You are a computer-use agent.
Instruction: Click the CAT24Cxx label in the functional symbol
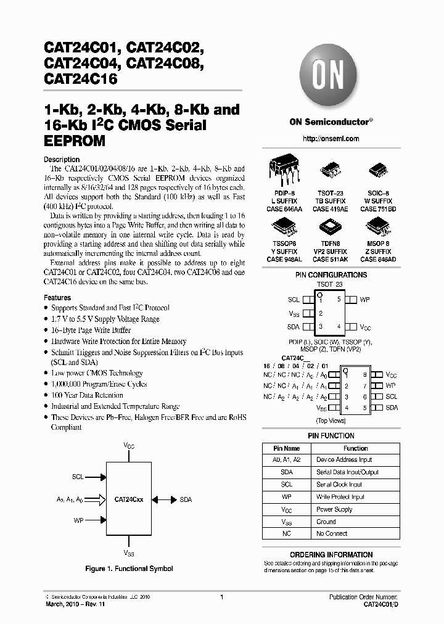click(129, 500)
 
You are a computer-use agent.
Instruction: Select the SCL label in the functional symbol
click(78, 477)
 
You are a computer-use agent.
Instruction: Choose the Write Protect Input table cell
click(340, 497)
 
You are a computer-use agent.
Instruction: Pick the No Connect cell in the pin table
click(332, 533)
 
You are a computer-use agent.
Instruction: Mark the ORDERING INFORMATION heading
click(331, 555)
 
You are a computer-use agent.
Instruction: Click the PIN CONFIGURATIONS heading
click(331, 275)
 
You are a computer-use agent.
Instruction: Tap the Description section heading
click(62, 160)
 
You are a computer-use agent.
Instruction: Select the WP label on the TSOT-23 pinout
click(364, 299)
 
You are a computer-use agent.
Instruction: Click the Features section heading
click(57, 297)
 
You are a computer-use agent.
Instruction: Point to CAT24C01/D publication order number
click(376, 605)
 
